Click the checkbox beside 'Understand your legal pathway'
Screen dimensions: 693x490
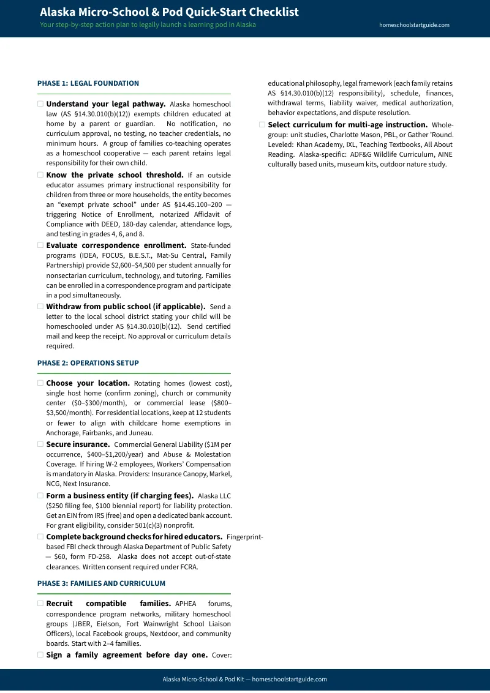pyautogui.click(x=40, y=104)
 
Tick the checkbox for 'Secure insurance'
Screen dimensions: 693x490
pyautogui.click(x=40, y=444)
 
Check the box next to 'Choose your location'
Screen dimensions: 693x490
pyautogui.click(x=40, y=383)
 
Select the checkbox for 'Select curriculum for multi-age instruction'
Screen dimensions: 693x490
pyautogui.click(x=262, y=125)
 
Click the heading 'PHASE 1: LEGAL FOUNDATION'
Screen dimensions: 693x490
pyautogui.click(x=88, y=83)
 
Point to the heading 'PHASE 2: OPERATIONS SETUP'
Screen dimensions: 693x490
pyautogui.click(x=88, y=363)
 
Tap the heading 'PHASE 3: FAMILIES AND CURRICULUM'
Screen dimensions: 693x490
pyautogui.click(x=101, y=583)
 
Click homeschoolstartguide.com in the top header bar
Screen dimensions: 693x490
pyautogui.click(x=415, y=25)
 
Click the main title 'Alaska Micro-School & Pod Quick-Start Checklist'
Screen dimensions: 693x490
pyautogui.click(x=169, y=12)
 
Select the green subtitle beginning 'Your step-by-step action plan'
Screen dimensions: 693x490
pyautogui.click(x=148, y=25)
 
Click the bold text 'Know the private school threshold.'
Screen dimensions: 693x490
pyautogui.click(x=115, y=175)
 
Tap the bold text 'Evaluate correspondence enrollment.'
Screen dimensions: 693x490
pyautogui.click(x=116, y=245)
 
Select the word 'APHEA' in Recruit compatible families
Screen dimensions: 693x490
pyautogui.click(x=186, y=604)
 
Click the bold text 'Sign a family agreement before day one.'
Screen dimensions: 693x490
pyautogui.click(x=127, y=655)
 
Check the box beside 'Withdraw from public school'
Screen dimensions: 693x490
pyautogui.click(x=40, y=306)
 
